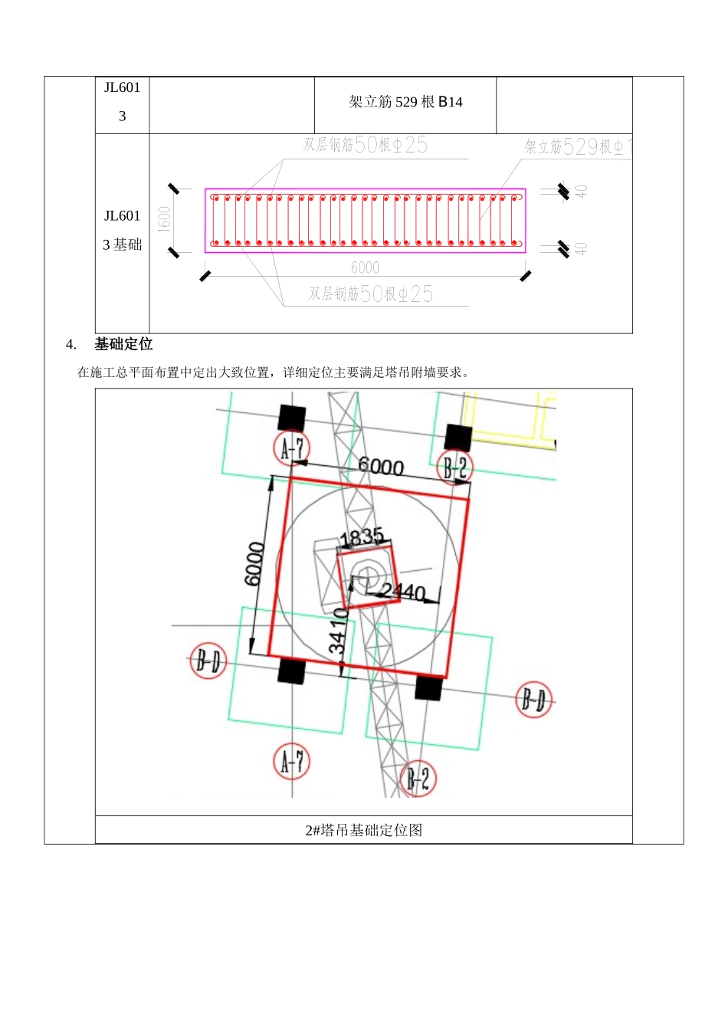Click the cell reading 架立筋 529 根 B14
(405, 102)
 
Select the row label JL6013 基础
(123, 231)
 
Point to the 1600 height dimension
(164, 219)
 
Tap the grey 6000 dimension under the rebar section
(365, 267)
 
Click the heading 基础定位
(123, 345)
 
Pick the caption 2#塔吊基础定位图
(364, 830)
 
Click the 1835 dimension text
(362, 536)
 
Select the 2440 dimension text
(403, 591)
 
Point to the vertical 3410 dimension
(338, 631)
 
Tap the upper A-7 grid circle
(292, 448)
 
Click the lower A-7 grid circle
(292, 762)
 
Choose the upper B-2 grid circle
(455, 467)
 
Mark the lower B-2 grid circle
(418, 779)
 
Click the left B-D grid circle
(208, 660)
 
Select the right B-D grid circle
(534, 700)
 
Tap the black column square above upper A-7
(292, 418)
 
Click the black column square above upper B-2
(458, 437)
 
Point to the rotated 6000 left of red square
(255, 563)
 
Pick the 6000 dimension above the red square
(381, 466)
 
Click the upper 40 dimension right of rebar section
(582, 191)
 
